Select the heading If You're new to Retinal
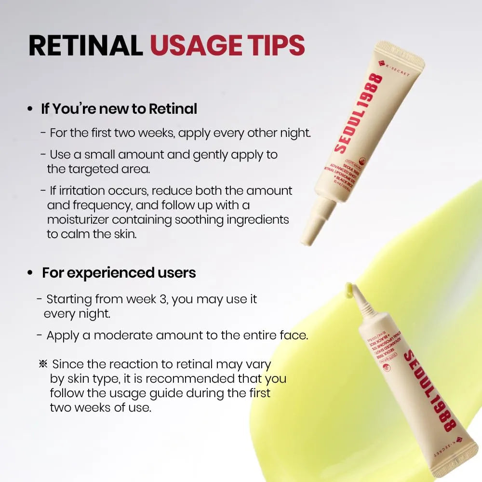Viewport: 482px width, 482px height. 119,109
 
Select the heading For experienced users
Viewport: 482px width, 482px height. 119,273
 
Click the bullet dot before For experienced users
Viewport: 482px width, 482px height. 30,273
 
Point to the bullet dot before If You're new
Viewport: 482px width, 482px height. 30,109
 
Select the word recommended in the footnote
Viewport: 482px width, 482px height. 191,378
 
